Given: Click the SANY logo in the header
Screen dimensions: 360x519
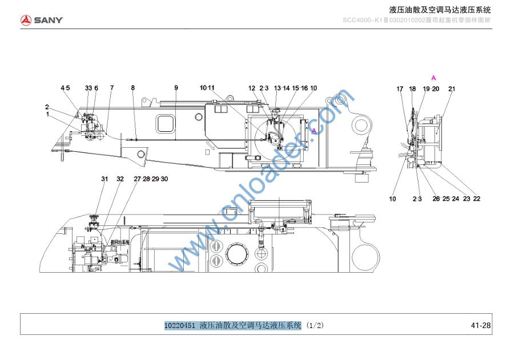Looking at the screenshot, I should pos(42,21).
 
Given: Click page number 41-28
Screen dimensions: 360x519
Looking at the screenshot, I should pos(481,325).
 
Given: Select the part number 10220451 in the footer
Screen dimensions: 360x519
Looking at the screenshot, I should pos(180,325).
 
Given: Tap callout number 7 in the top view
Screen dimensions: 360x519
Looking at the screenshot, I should pos(112,88).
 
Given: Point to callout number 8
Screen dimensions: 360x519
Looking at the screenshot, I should pos(133,88).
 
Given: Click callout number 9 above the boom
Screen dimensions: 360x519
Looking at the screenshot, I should pos(176,88).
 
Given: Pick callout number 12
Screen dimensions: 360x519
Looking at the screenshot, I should pos(252,88).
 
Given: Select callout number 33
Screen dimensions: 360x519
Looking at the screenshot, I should pos(88,88).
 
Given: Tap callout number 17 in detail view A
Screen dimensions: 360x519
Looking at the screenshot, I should pos(400,88).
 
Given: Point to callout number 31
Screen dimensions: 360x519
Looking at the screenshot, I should pos(104,179).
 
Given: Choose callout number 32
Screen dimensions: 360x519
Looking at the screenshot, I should pos(120,179).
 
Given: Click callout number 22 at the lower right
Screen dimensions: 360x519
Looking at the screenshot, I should pos(477,199).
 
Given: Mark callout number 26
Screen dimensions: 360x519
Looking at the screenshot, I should pos(436,199).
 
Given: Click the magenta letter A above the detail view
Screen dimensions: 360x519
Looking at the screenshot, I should pos(434,77).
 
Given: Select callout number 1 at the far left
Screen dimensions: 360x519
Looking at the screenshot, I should pos(48,114).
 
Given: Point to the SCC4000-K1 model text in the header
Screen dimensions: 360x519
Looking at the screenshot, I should pos(363,21).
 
